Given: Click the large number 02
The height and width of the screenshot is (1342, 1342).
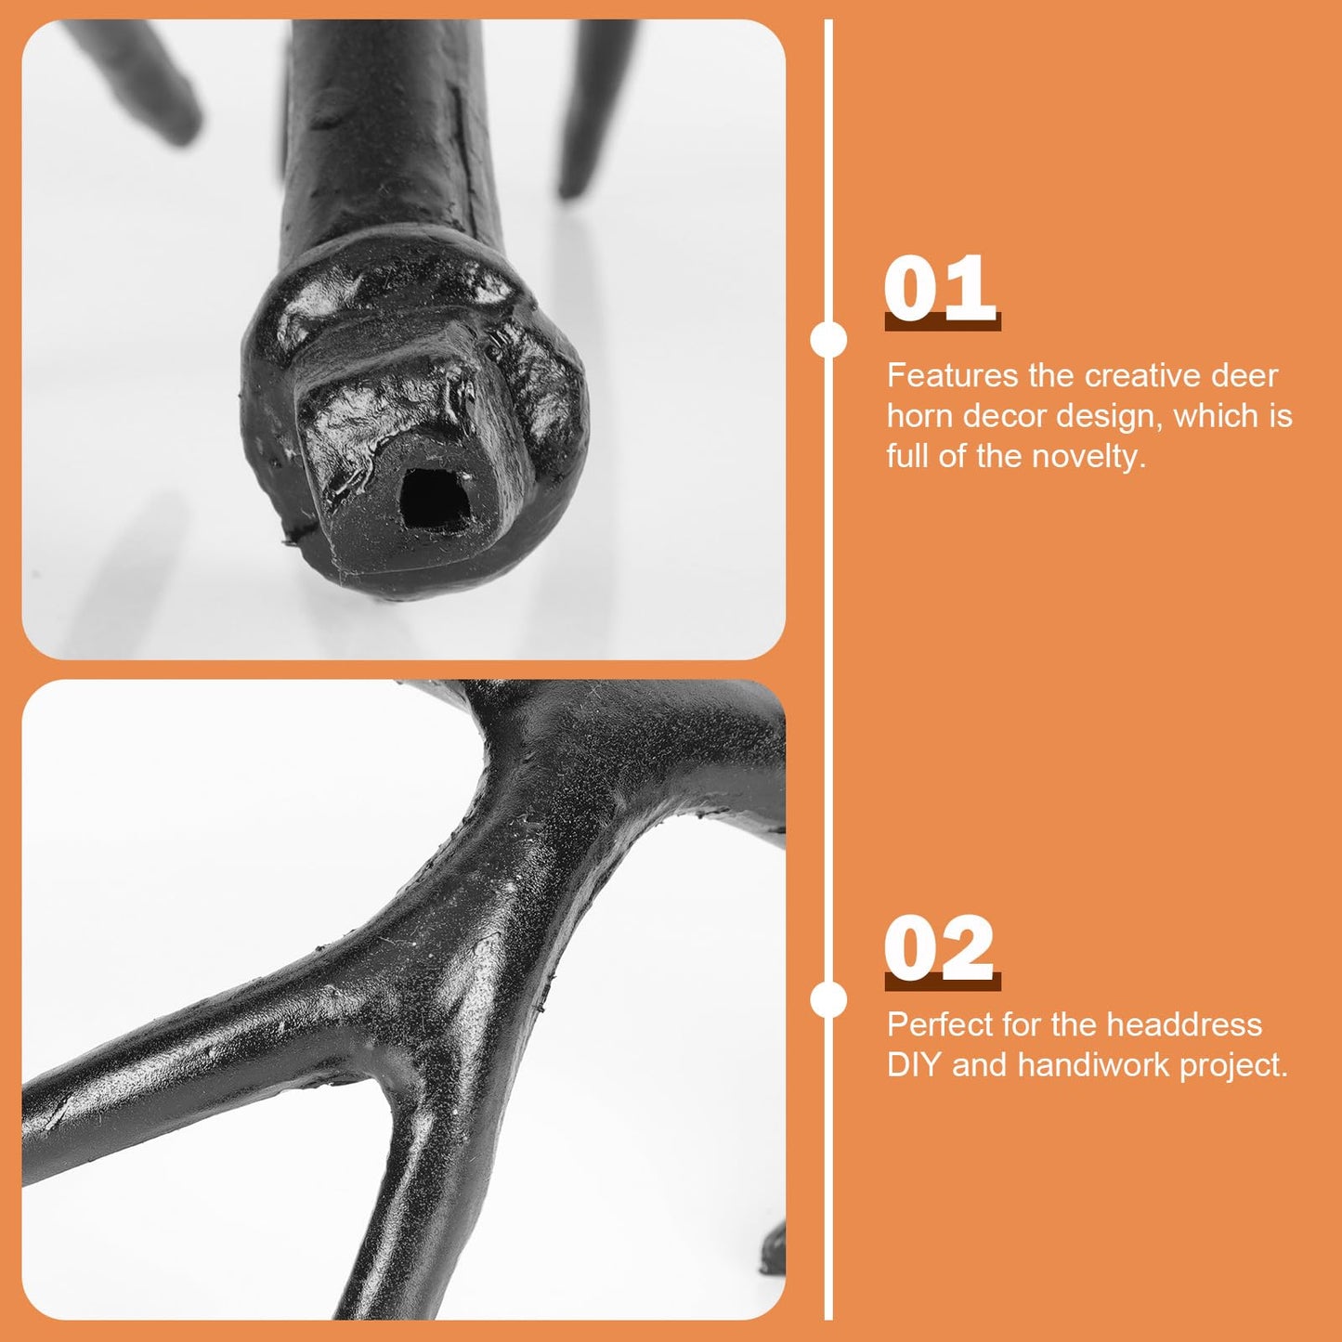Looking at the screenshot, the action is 940,948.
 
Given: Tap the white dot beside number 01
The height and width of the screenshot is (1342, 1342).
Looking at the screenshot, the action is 828,341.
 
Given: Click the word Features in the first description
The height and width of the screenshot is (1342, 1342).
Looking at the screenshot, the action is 952,376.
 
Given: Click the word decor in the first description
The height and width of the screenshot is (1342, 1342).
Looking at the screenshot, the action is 1007,416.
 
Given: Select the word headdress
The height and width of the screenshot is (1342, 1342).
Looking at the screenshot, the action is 1185,1025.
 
